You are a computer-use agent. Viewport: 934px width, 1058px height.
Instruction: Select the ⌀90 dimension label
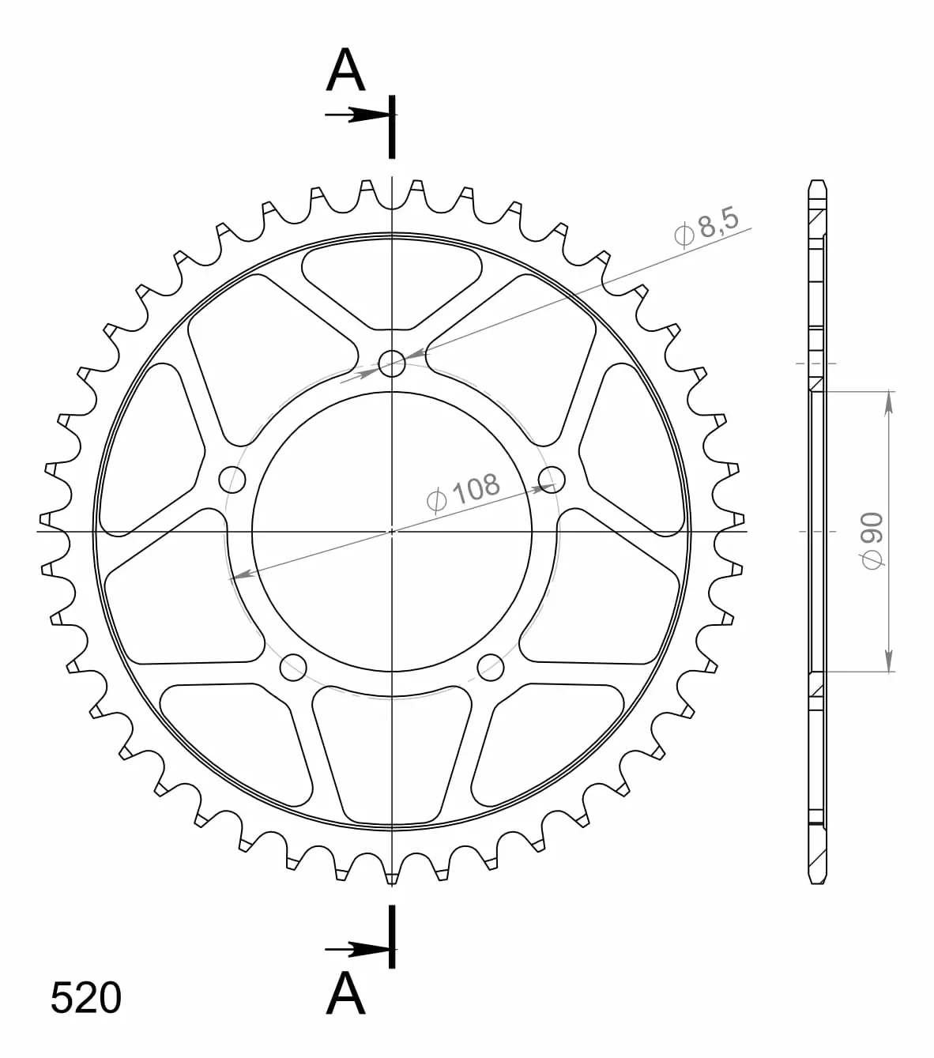point(872,540)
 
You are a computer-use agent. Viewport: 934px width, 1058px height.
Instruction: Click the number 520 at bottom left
point(85,998)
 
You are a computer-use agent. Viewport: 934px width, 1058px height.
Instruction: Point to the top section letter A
point(345,70)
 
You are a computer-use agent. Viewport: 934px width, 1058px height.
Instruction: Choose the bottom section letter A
point(345,994)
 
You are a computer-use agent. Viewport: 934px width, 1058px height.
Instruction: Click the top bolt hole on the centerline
point(392,363)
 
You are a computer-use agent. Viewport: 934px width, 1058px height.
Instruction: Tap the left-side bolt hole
point(232,480)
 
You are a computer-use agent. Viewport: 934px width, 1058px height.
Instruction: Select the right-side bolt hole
point(552,480)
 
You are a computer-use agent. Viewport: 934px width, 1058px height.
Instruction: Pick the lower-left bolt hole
point(293,668)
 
